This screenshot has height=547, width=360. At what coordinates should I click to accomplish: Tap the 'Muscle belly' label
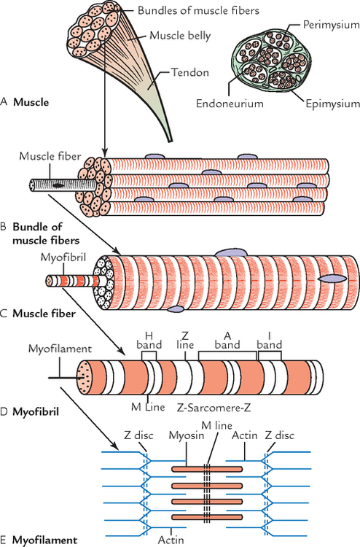(181, 34)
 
